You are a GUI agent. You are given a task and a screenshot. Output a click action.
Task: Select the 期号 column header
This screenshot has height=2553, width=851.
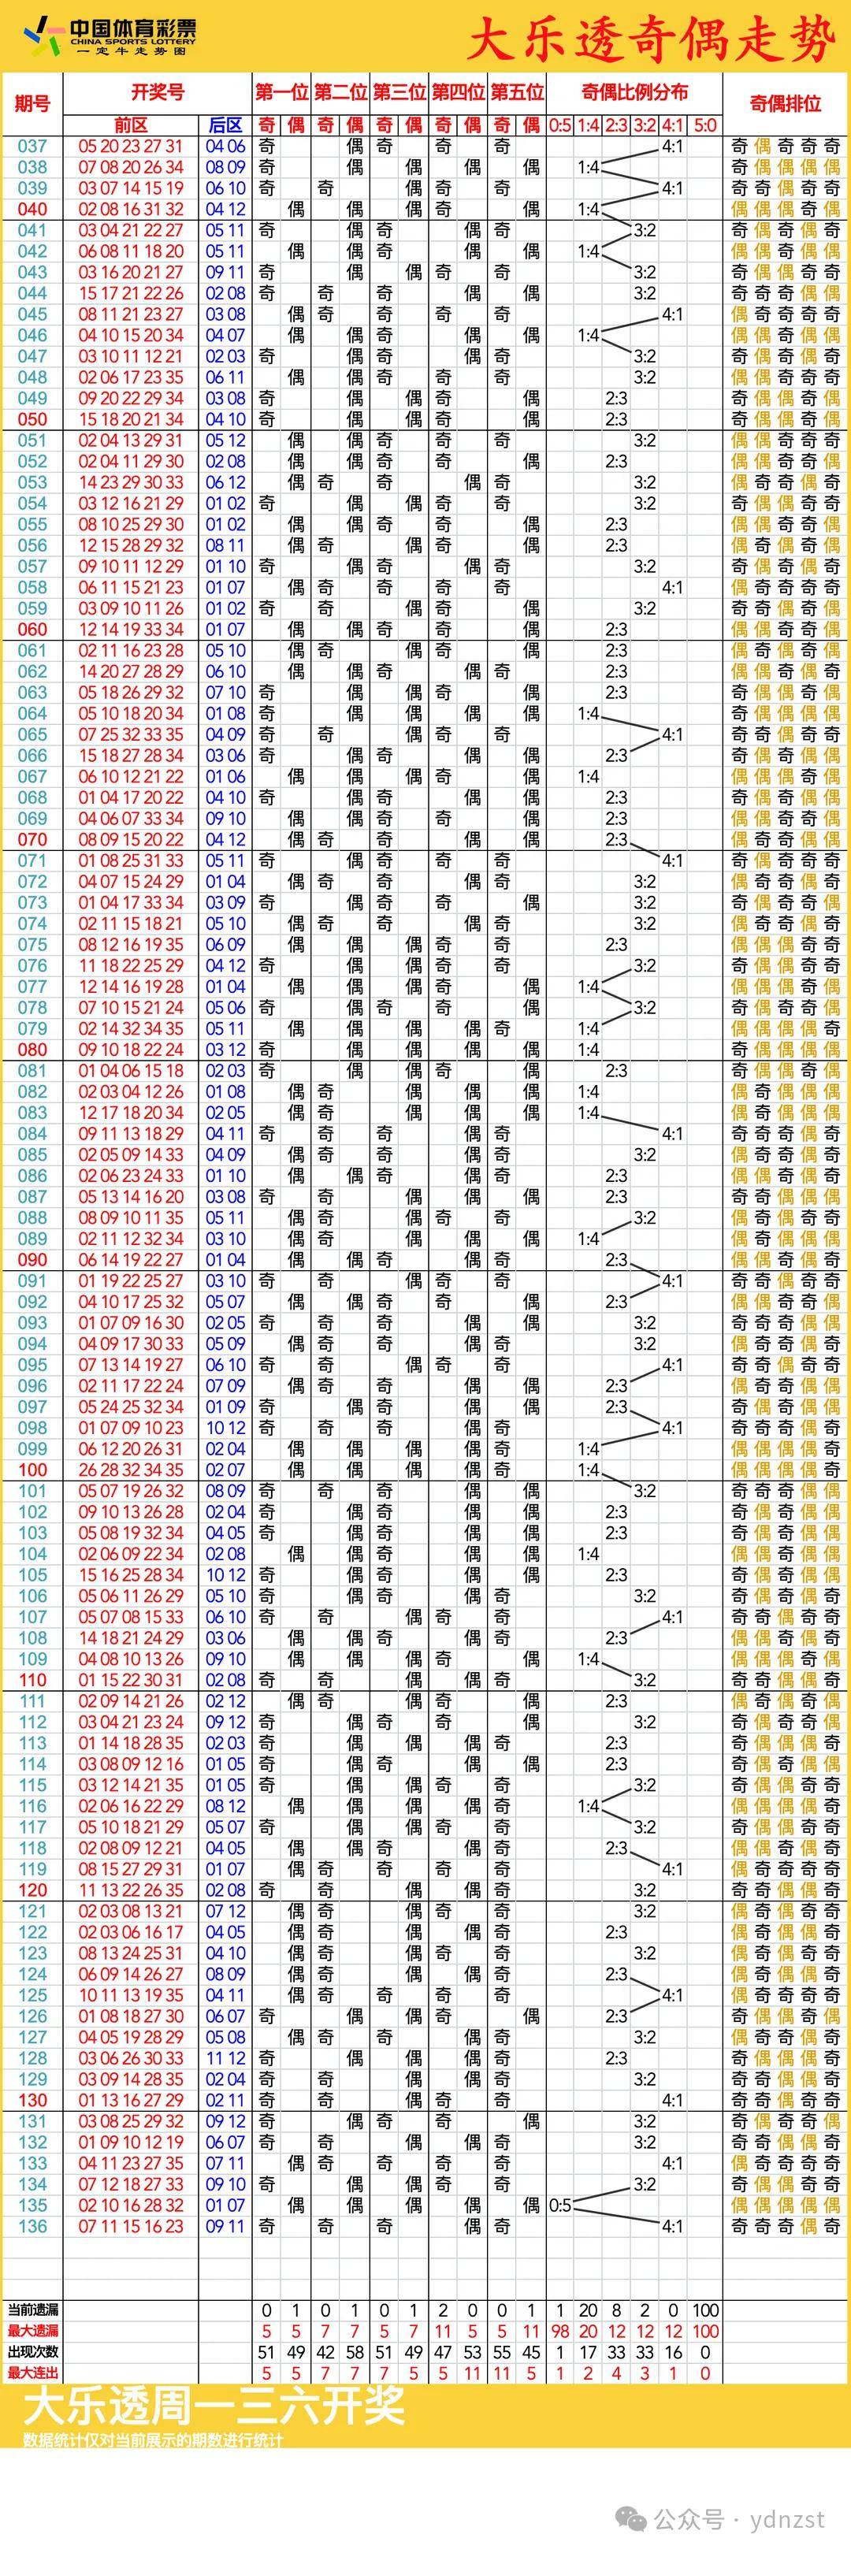point(32,104)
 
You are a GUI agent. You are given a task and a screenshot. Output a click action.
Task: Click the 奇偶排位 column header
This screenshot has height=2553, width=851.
point(785,104)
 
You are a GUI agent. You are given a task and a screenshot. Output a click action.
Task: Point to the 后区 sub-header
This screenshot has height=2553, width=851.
point(225,124)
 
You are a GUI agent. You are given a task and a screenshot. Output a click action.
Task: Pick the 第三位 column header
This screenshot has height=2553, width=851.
point(399,93)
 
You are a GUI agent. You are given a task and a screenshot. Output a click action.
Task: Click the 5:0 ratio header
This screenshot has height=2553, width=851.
point(704,124)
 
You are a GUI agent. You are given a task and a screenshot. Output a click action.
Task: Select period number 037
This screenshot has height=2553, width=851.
point(32,147)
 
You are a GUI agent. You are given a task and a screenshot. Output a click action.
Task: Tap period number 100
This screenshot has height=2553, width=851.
point(32,1470)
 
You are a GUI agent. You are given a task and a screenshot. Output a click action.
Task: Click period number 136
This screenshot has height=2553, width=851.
point(32,2226)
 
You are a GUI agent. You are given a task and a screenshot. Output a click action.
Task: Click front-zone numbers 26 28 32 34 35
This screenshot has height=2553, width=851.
point(131,1470)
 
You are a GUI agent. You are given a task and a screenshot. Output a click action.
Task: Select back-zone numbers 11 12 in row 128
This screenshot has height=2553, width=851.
point(225,2058)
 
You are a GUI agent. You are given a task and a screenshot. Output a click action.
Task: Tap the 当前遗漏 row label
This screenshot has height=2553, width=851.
point(32,2310)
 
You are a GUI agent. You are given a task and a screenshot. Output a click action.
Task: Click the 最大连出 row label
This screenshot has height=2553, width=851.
point(32,2373)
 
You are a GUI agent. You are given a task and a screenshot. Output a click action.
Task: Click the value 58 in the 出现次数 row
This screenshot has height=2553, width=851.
point(355,2352)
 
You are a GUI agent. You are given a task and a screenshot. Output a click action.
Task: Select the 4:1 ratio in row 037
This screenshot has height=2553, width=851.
point(673,147)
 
